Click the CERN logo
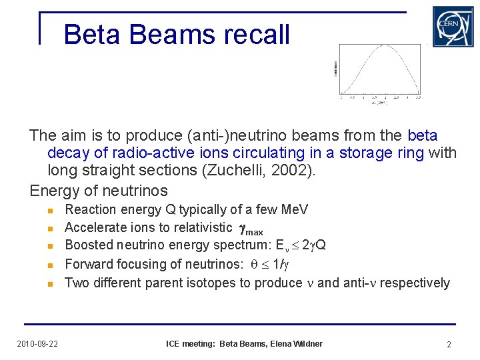(453, 27)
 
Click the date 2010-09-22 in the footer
(37, 344)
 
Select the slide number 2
(449, 344)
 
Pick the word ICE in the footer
(173, 344)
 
